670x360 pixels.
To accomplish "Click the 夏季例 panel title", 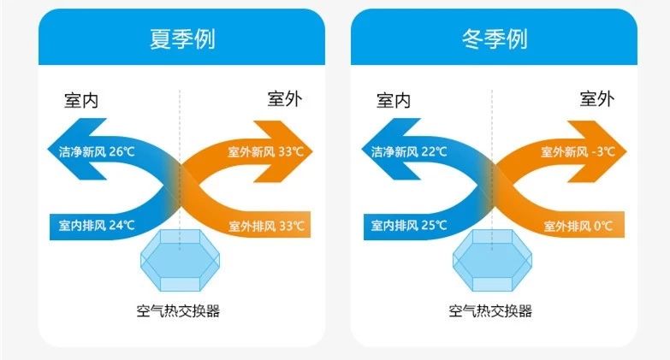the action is point(182,39).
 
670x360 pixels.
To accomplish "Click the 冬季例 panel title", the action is point(495,39).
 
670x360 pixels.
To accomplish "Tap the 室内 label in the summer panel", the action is point(81,100).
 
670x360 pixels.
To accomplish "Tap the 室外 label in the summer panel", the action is point(285,98).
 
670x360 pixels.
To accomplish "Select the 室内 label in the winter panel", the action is point(394,100).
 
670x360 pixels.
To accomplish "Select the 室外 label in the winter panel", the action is point(597,98).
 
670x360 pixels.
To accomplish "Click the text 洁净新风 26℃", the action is point(97,151).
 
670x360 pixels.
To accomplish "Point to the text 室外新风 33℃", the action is point(265,151).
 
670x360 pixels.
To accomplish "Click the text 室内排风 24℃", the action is point(97,225).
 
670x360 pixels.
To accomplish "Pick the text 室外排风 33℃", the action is point(267,226).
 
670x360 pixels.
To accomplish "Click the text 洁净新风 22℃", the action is point(409,151).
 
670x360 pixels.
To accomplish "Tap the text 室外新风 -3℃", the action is point(578,151).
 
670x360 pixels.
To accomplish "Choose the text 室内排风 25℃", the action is point(409,225).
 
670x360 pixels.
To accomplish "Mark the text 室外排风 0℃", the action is point(578,226).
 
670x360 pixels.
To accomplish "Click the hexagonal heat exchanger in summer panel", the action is point(180,261).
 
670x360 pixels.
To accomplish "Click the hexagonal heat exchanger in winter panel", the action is point(492,261).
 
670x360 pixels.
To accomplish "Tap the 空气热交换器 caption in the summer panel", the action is point(178,310).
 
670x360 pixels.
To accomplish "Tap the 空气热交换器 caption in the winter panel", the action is point(490,310).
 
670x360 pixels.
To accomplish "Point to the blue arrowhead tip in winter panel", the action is point(362,150).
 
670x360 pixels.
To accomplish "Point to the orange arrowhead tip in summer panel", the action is point(313,151).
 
